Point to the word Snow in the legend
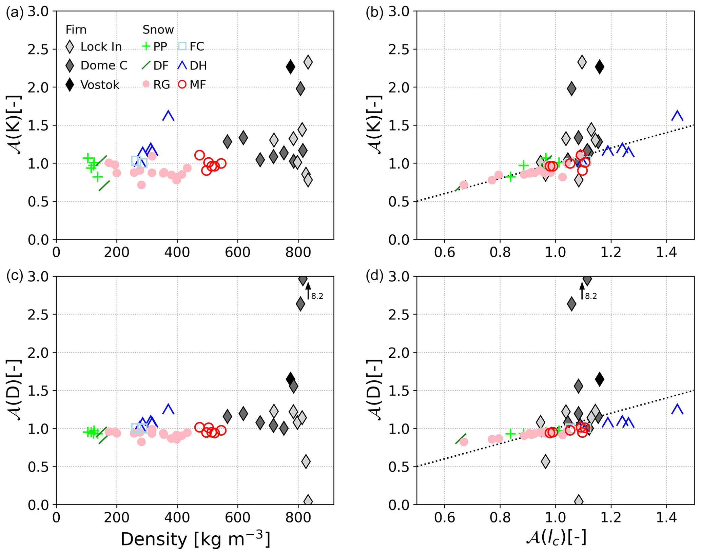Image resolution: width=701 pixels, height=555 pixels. coord(158,30)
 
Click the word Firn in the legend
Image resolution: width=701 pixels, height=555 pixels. coord(76,30)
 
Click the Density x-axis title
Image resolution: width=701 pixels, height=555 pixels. coord(195,539)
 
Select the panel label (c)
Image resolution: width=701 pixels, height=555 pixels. coord(15,276)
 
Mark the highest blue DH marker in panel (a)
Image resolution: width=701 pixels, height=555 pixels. coord(168,116)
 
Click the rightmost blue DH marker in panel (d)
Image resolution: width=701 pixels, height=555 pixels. coord(677,409)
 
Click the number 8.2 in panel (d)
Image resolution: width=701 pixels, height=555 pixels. coord(591,296)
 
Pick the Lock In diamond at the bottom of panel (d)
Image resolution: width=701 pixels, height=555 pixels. coord(579,501)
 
